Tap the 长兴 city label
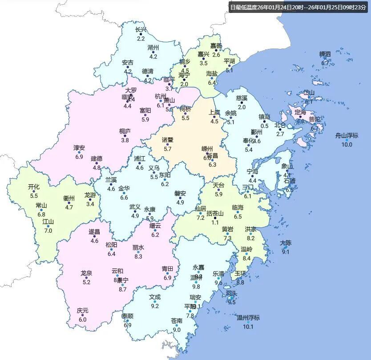(141, 30)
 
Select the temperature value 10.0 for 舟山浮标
(347, 145)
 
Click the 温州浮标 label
(248, 318)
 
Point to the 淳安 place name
(79, 148)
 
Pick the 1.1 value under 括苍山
(215, 222)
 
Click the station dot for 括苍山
(215, 218)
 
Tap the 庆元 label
(82, 311)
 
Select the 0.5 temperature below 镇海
(264, 126)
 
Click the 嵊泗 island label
(325, 54)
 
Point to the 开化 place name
(34, 187)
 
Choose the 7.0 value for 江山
(48, 231)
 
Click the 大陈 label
(286, 243)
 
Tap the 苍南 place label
(177, 321)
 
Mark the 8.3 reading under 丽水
(138, 256)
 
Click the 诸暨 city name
(168, 140)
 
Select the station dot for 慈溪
(242, 103)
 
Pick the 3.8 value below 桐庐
(125, 140)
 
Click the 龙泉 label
(86, 273)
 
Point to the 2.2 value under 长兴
(141, 39)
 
